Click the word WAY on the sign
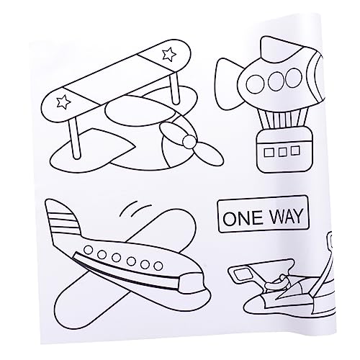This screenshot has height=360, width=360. [282, 215]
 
